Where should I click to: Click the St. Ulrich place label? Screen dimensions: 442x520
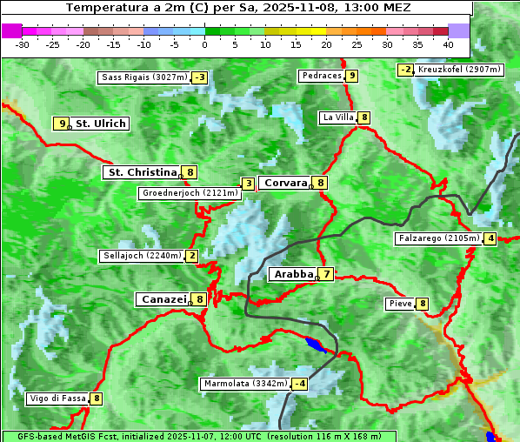click(100, 124)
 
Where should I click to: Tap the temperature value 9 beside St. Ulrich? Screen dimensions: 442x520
click(61, 124)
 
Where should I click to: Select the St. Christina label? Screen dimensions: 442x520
click(141, 172)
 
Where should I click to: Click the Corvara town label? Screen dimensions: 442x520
click(285, 183)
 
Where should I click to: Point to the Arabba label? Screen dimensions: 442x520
click(293, 274)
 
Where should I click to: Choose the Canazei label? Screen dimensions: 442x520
click(163, 298)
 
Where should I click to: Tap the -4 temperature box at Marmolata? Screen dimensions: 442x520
click(300, 384)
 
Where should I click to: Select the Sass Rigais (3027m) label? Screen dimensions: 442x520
click(143, 77)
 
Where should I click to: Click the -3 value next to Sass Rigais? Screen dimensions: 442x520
click(200, 77)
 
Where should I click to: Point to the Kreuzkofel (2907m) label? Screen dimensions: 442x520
click(459, 70)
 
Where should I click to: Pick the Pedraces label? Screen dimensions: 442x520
click(321, 77)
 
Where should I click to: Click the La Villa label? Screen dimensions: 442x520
click(337, 117)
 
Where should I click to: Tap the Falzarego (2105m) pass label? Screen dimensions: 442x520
click(438, 238)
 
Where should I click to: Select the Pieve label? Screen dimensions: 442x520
click(400, 304)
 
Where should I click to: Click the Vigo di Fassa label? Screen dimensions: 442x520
click(57, 398)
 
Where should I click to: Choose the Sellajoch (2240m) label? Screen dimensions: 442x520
click(141, 256)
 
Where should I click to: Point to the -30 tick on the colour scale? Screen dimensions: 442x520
click(23, 44)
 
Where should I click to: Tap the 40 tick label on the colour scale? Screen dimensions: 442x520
click(448, 44)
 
